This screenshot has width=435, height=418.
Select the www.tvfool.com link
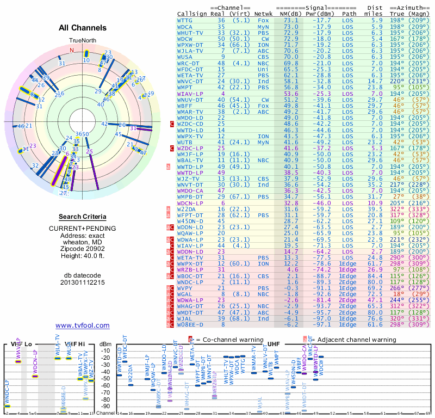[x=83, y=325]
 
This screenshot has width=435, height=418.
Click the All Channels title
[x=83, y=27]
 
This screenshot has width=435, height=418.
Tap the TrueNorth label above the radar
[x=82, y=41]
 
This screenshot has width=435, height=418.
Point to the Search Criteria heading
[x=83, y=217]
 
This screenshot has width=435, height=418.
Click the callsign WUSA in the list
[x=185, y=56]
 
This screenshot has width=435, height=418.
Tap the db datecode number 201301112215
[x=83, y=283]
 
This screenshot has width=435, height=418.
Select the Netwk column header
[x=263, y=14]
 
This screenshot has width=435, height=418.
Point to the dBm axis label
[x=105, y=344]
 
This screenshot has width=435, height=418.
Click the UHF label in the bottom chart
[x=275, y=344]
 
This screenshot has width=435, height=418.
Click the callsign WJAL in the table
[x=185, y=318]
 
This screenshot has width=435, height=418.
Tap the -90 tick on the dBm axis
[x=105, y=406]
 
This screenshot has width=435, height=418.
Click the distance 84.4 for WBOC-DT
[x=376, y=276]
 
